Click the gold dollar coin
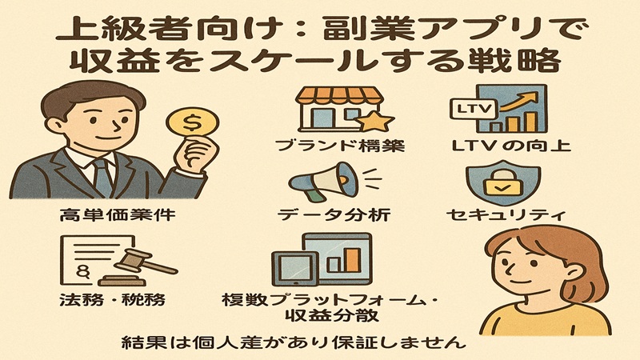(x=192, y=123)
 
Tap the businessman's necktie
(x=102, y=178)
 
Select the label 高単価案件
(x=118, y=214)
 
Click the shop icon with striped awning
(x=340, y=109)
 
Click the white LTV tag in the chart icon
(x=473, y=109)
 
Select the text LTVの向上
(x=511, y=146)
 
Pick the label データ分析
(x=334, y=214)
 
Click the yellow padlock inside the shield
(x=503, y=183)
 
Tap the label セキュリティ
(x=506, y=214)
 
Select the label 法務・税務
(x=113, y=300)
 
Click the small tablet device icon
(x=294, y=269)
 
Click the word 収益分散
(x=331, y=315)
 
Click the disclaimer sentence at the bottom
(x=294, y=342)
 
